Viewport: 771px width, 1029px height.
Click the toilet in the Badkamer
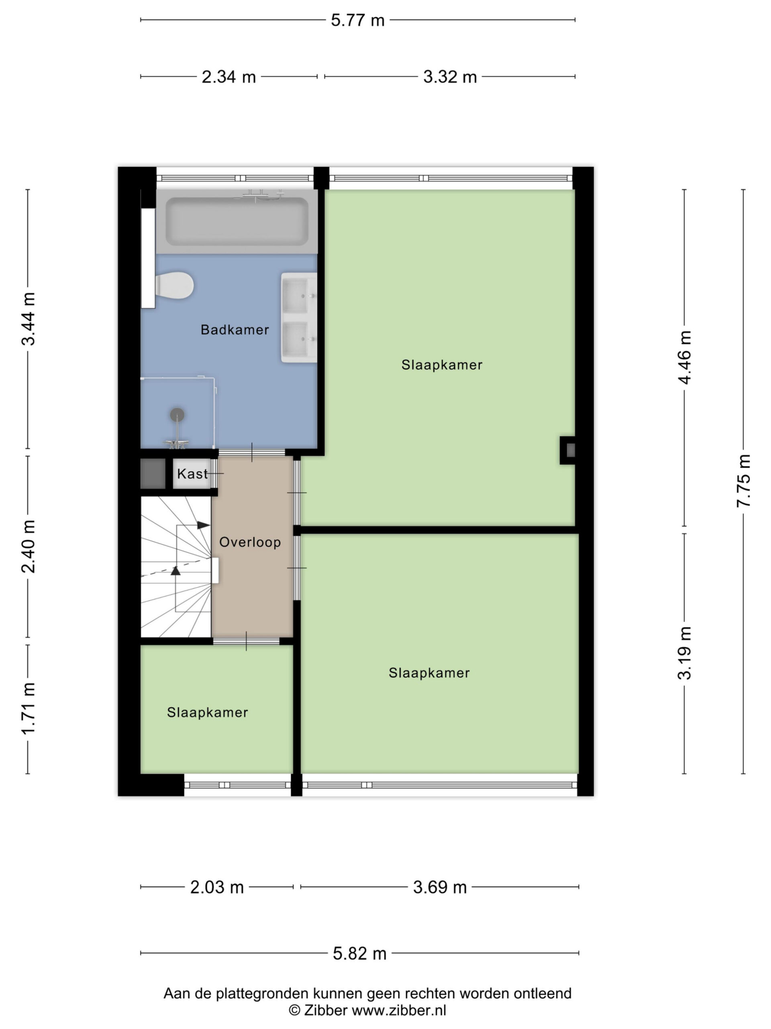174,286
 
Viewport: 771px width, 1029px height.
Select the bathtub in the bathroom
237,221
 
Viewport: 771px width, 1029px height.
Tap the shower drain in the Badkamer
177,414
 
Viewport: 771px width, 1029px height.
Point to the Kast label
192,474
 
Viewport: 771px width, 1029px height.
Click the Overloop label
250,542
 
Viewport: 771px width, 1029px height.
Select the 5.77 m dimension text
357,20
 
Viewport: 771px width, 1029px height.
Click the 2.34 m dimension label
228,77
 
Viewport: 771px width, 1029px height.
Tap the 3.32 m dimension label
450,77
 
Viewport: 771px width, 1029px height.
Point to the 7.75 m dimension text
743,481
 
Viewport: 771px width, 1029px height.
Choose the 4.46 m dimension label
684,357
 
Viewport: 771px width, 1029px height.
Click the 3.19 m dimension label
684,653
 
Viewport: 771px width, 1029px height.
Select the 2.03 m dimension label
217,887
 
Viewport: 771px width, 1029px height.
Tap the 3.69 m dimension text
440,887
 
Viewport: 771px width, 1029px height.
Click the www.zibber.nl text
399,1011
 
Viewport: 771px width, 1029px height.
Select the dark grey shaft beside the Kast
153,474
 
